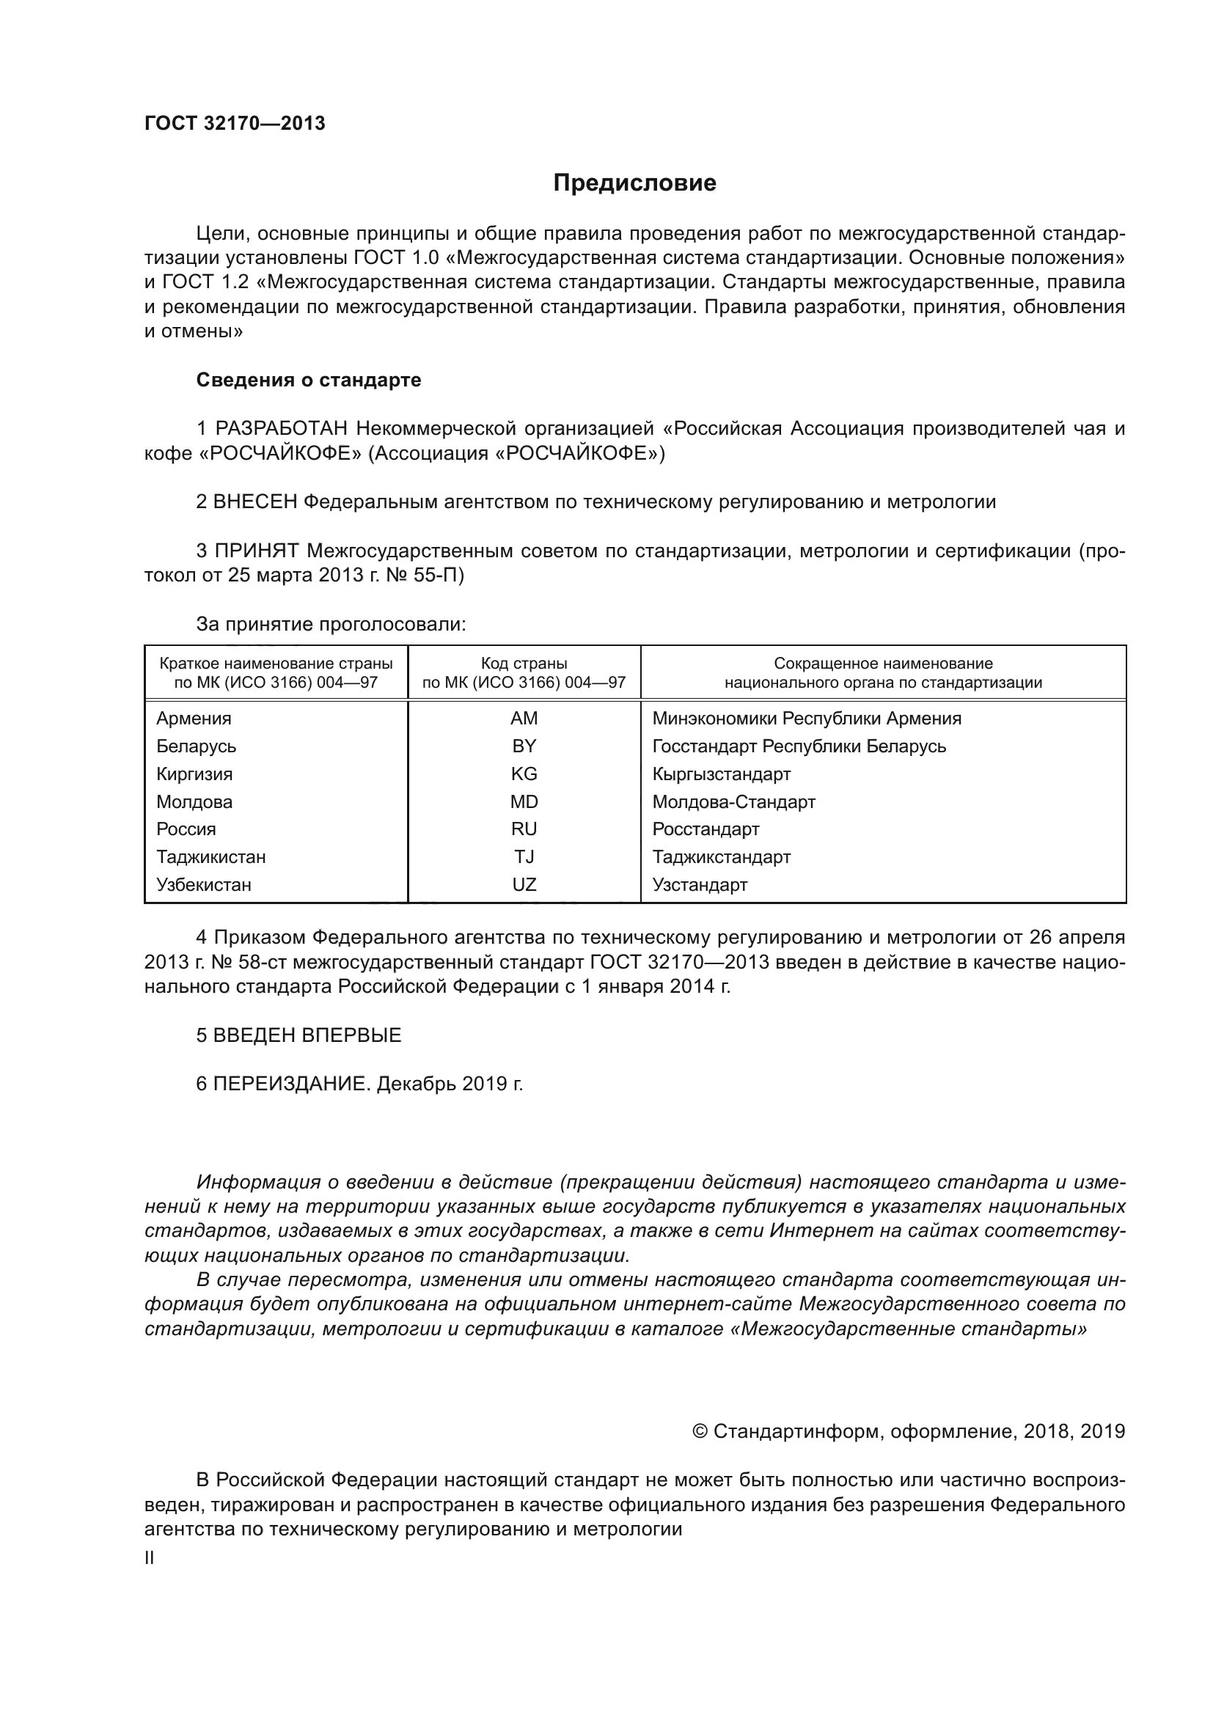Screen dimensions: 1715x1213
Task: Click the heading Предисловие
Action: [x=634, y=183]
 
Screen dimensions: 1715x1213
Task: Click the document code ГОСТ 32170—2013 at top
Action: [x=235, y=124]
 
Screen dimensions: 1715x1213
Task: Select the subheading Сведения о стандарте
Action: [x=309, y=381]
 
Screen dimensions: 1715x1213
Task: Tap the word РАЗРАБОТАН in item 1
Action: [x=282, y=429]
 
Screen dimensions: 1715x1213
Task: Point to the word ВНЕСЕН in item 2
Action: [x=255, y=502]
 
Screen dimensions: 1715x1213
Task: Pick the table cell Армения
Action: [x=194, y=719]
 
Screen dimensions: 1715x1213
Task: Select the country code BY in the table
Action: [x=524, y=746]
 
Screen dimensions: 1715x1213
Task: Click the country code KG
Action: [x=524, y=774]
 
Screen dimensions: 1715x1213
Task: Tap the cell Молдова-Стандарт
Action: [x=733, y=802]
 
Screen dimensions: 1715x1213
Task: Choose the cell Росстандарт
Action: [x=705, y=829]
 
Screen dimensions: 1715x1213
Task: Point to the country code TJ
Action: [x=524, y=856]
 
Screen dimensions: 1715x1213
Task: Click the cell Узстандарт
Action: [x=699, y=885]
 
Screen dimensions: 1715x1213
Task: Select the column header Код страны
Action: [x=524, y=664]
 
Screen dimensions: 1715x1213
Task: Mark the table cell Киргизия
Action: [x=194, y=774]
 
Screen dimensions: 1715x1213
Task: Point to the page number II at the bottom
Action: [x=150, y=1558]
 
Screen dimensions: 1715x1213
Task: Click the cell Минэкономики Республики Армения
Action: [x=807, y=719]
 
